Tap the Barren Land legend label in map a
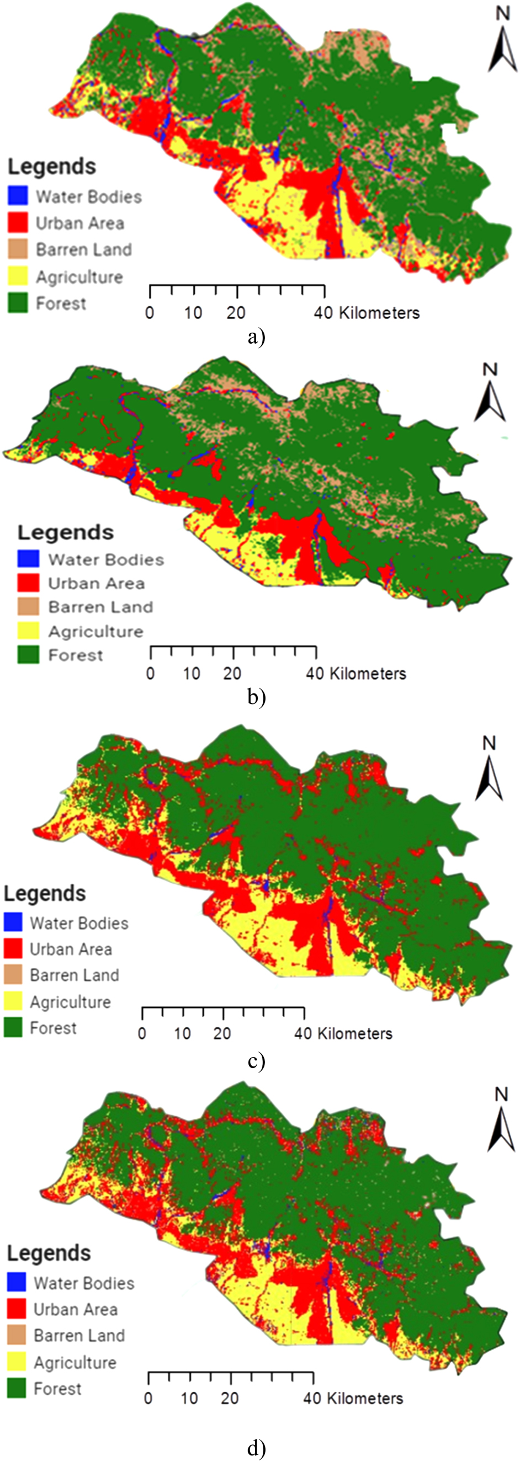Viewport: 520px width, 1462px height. [83, 250]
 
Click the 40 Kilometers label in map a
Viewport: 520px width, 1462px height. [367, 313]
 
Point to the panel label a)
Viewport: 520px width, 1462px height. [257, 337]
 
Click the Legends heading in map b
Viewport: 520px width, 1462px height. [65, 532]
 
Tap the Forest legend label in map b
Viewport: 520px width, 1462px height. [76, 655]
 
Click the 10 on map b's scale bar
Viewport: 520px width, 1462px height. [192, 674]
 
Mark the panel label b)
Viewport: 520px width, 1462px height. [257, 697]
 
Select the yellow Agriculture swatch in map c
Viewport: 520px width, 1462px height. [13, 1001]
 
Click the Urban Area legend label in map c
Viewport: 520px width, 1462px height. [71, 949]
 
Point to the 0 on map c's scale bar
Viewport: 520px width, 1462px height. [142, 1033]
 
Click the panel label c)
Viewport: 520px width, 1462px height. [257, 1061]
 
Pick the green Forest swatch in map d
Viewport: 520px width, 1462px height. [17, 1389]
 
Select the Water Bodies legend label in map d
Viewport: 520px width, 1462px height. [84, 1284]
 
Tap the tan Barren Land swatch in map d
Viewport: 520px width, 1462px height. [17, 1335]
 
